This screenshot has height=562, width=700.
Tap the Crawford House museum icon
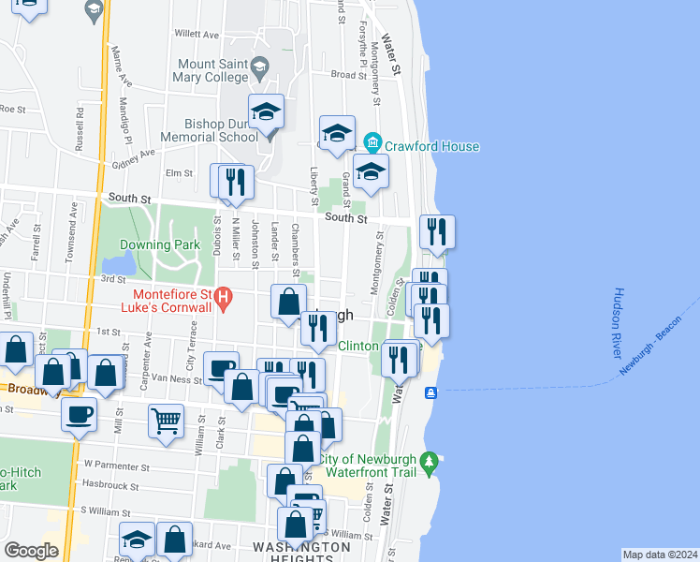pos(373,144)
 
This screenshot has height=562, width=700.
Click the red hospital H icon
pos(223,300)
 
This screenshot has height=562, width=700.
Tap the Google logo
pos(31,551)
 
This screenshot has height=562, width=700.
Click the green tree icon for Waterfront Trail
pos(430,462)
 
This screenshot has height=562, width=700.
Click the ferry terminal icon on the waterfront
pos(430,392)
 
